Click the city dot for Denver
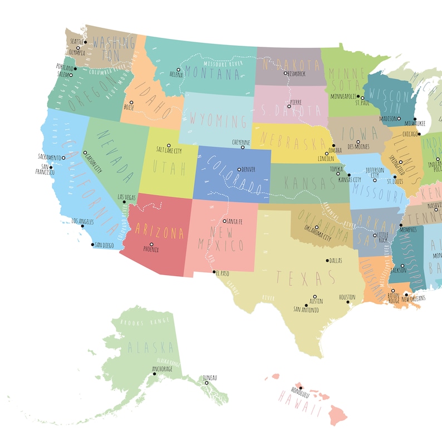(239, 169)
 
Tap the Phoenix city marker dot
(151, 244)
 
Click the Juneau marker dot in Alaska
(206, 383)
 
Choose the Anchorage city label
(163, 369)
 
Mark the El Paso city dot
(214, 272)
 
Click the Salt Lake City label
(169, 150)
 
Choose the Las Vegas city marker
(124, 202)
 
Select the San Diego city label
(104, 245)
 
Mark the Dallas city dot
(327, 260)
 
